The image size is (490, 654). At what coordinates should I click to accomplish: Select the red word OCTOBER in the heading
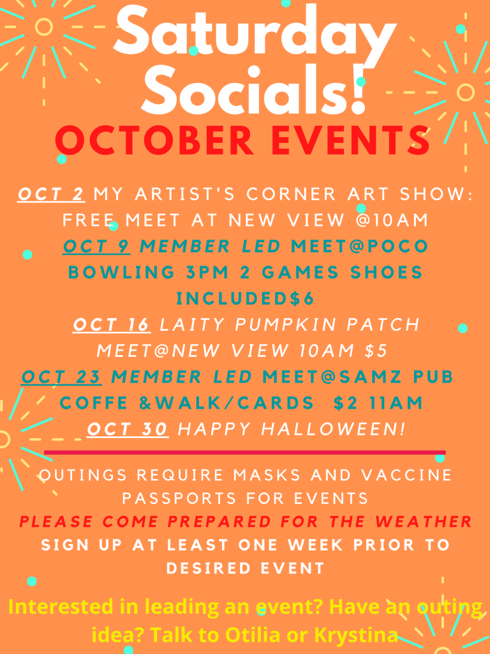pyautogui.click(x=154, y=141)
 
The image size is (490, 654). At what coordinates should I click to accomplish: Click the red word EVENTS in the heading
pyautogui.click(x=350, y=141)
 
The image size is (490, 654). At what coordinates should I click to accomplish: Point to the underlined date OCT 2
pyautogui.click(x=51, y=194)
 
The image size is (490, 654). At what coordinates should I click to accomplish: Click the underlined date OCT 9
pyautogui.click(x=97, y=246)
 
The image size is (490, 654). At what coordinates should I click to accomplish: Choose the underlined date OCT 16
pyautogui.click(x=111, y=324)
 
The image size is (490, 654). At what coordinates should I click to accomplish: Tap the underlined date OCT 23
pyautogui.click(x=61, y=377)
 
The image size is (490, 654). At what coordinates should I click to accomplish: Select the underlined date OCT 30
pyautogui.click(x=128, y=429)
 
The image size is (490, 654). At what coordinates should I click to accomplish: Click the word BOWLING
pyautogui.click(x=121, y=272)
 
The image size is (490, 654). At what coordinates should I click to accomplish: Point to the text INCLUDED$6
pyautogui.click(x=246, y=299)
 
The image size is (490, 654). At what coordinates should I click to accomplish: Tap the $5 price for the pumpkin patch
pyautogui.click(x=376, y=351)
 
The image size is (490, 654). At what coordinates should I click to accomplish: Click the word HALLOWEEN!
pyautogui.click(x=333, y=429)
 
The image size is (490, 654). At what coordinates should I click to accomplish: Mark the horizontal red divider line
pyautogui.click(x=244, y=453)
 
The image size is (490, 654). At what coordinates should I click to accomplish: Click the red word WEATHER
pyautogui.click(x=423, y=521)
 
